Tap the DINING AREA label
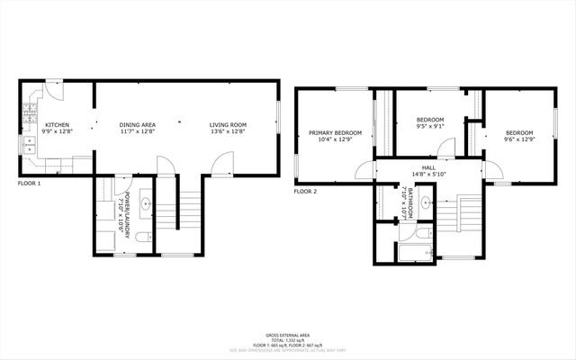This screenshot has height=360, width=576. click(137, 125)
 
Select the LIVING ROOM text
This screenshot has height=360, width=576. click(228, 125)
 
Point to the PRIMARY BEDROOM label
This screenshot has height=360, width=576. click(335, 133)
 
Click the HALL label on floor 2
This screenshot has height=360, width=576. click(428, 167)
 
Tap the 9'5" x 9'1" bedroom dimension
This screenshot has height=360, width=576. click(430, 126)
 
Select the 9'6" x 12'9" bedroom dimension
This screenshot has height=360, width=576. click(518, 139)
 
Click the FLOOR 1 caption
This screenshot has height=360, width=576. click(30, 184)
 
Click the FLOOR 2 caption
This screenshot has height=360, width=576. click(306, 192)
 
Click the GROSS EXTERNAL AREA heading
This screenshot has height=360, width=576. click(288, 332)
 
